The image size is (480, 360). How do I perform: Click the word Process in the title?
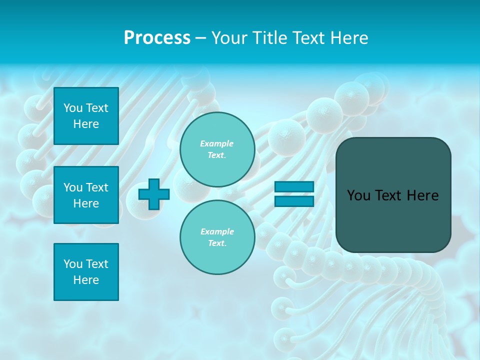click(157, 38)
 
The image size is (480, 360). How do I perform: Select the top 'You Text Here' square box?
click(86, 116)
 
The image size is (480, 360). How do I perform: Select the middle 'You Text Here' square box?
click(86, 195)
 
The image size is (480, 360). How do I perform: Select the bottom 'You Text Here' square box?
click(86, 272)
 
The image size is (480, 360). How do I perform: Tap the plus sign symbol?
click(154, 194)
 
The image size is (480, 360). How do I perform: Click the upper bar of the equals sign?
click(294, 186)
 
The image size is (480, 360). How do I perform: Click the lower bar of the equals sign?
click(294, 201)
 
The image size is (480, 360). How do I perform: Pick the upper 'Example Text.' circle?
click(217, 149)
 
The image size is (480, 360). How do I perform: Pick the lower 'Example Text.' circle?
click(217, 237)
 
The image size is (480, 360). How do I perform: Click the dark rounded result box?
click(393, 195)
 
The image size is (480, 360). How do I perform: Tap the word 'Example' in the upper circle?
click(217, 143)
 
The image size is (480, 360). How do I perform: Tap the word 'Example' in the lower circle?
click(217, 231)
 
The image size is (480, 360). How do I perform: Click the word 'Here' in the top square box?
click(86, 124)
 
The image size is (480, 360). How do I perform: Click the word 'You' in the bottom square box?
click(72, 264)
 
